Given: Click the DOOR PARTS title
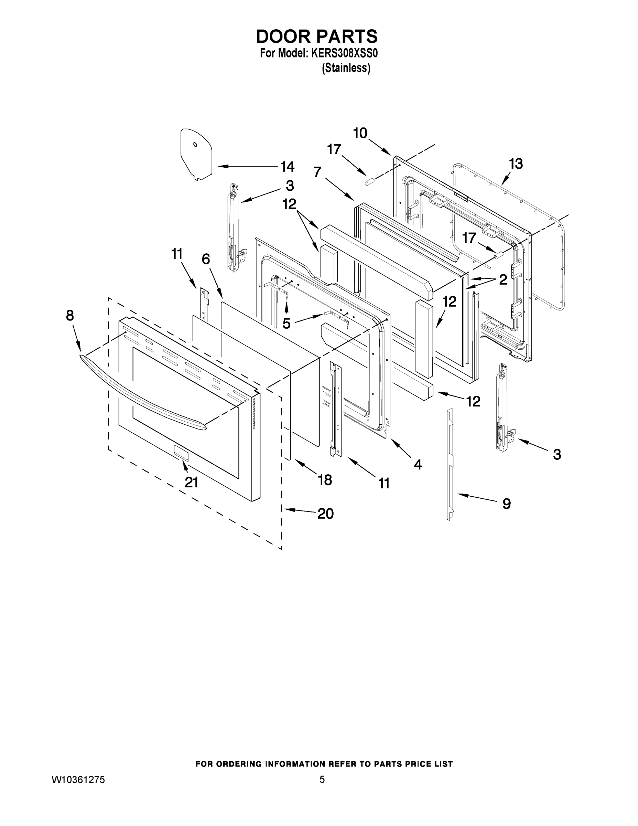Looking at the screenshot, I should coord(317,36).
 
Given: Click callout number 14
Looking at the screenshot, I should coord(287,167).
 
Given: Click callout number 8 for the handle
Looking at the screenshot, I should coord(70,315).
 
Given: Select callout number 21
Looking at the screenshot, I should coord(191,482).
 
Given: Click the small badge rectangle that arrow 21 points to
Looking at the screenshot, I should coord(181,452).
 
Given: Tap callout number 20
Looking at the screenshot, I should coord(325,513).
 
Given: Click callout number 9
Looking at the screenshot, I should coord(507,504).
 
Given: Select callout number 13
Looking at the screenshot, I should coord(516,164).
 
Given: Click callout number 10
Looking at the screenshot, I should coord(360,133).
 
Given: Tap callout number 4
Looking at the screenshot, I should coord(418,464).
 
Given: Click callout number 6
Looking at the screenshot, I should coord(206,259).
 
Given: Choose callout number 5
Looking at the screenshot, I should coord(286,324).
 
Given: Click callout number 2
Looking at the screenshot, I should coord(503,280).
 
